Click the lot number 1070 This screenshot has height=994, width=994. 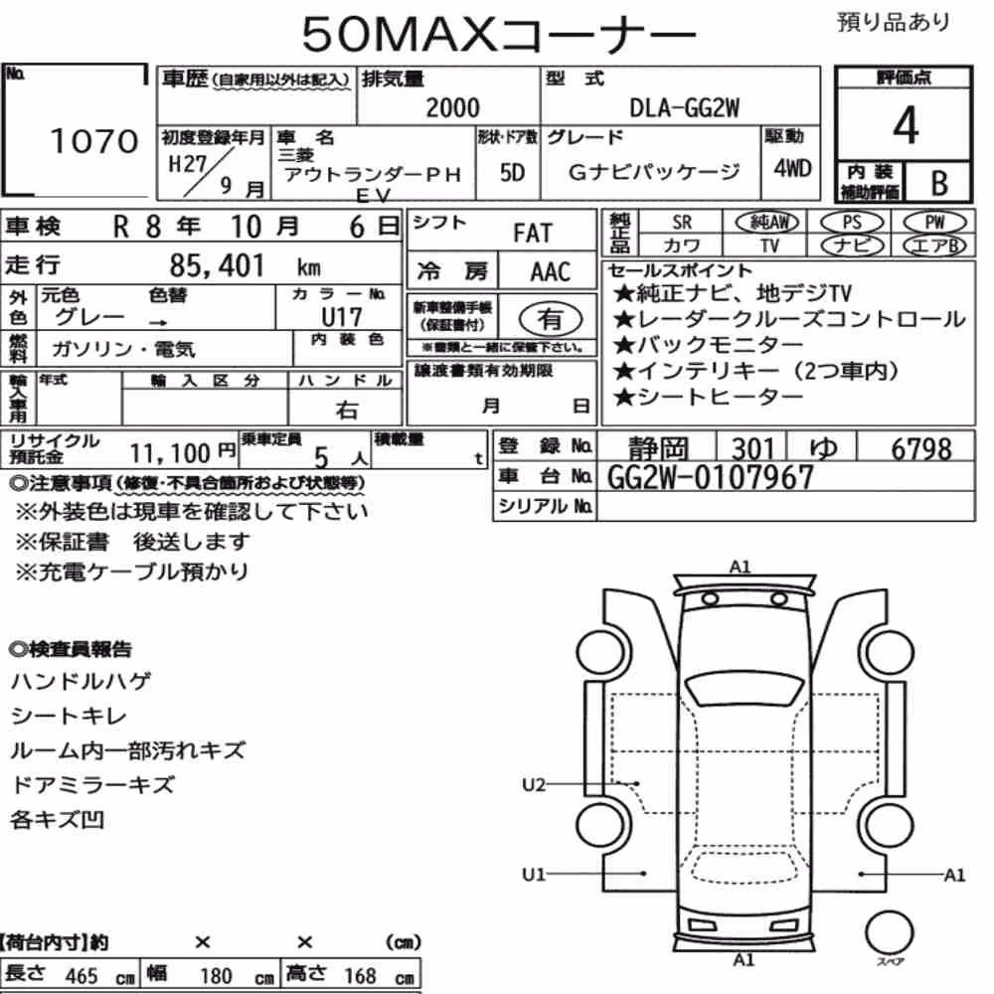pos(93,140)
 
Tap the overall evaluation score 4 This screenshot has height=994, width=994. pos(906,125)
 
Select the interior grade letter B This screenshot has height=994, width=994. pos(939,183)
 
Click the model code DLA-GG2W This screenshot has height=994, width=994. pos(684,108)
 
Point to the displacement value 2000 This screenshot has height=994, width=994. pos(452,107)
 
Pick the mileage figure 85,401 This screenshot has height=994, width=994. pos(216,265)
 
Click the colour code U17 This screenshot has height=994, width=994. pos(342,316)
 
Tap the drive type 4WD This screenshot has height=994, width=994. pos(792,169)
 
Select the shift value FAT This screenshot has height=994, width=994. pos(533,234)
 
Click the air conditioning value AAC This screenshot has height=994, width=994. pos(551,272)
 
